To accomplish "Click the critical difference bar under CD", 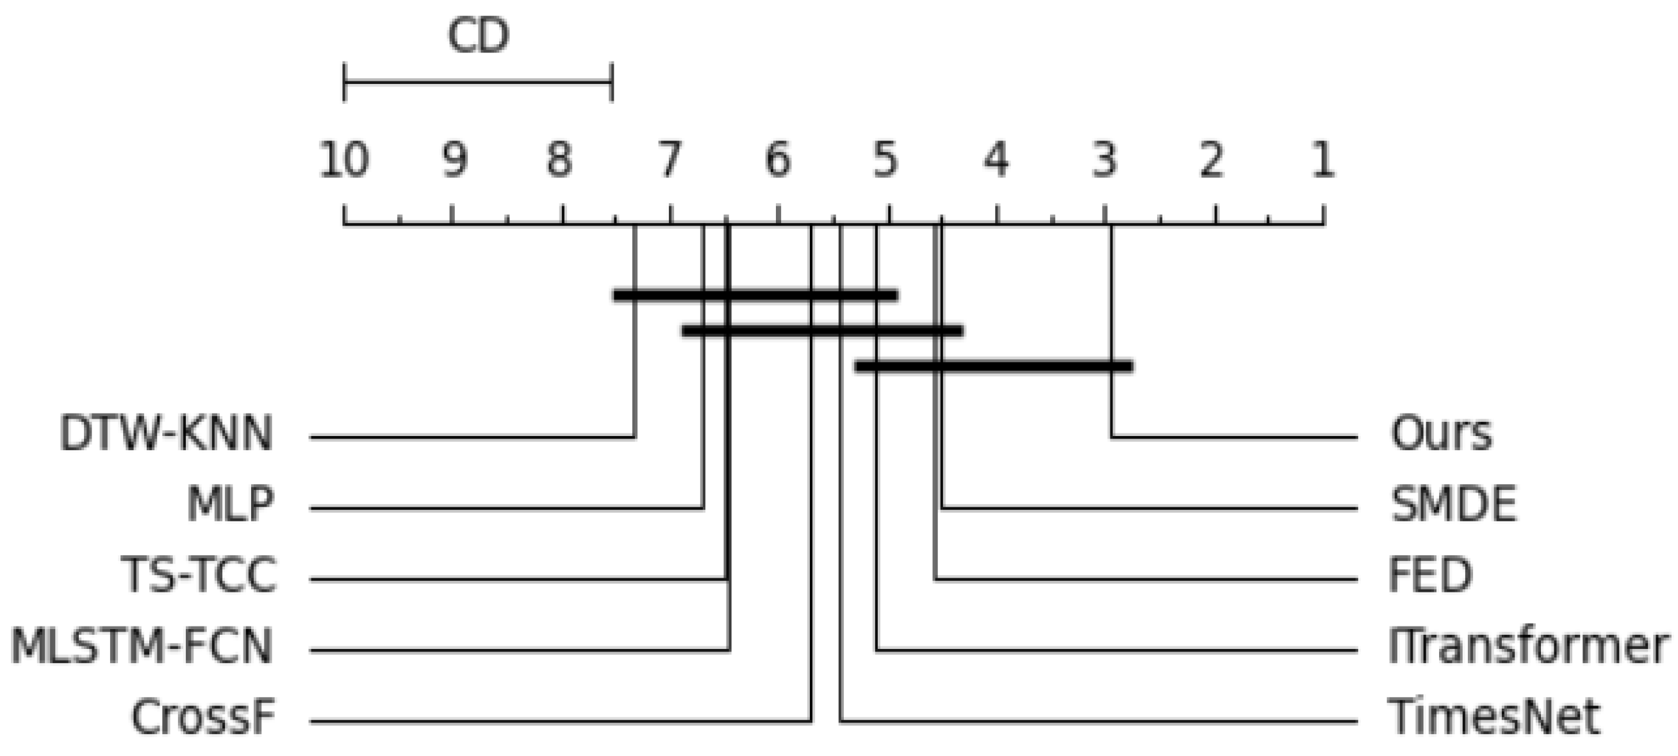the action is pos(477,83).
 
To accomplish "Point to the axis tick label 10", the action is pos(344,160).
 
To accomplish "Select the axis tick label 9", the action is pos(454,160).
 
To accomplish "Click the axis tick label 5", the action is pos(887,160).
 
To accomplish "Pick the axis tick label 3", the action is pos(1105,160).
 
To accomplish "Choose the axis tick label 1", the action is pos(1323,160).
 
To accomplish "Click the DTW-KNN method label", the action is pos(166,434).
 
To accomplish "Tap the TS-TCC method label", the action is pos(199,575).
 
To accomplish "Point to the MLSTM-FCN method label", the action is pos(142,646).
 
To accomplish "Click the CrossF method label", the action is pos(203,718).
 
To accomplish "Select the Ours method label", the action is pos(1441,434).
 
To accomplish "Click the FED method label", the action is pos(1431,575).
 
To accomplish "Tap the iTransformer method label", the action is pos(1528,646).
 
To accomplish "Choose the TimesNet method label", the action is pos(1493,718).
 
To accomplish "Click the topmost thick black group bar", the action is pos(755,295).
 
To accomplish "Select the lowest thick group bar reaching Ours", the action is pos(993,366).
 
